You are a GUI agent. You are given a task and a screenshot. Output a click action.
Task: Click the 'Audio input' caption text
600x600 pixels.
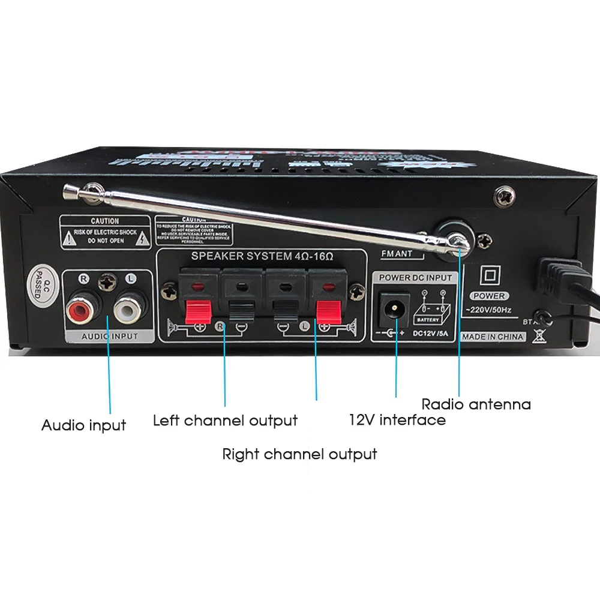click(83, 425)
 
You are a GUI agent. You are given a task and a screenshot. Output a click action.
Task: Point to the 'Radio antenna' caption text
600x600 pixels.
click(476, 404)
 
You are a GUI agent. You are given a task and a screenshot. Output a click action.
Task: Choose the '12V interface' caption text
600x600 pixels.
click(397, 419)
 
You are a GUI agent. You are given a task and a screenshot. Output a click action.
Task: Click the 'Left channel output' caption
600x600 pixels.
click(225, 420)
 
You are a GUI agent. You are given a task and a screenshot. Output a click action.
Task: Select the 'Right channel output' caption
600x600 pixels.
click(299, 454)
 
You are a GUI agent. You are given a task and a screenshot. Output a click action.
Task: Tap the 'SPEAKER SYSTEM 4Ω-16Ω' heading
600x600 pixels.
click(262, 256)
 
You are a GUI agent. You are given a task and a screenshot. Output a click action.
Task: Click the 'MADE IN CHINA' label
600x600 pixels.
click(493, 337)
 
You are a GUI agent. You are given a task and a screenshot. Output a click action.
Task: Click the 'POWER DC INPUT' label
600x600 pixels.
click(415, 278)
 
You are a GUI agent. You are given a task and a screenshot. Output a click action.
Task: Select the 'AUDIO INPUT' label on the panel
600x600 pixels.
click(109, 337)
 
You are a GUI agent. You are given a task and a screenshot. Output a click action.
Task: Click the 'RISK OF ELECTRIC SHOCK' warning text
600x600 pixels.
click(105, 232)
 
